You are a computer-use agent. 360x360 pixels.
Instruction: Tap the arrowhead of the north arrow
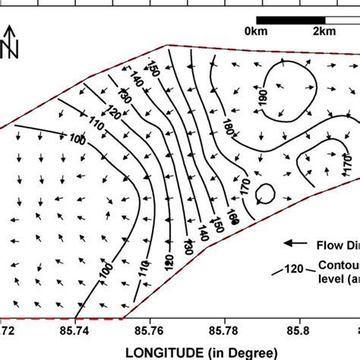tap(10, 30)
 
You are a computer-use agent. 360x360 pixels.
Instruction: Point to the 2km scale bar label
tap(324, 31)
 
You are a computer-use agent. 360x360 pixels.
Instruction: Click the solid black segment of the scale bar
tap(273, 19)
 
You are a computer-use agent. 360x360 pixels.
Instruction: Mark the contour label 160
tap(232, 219)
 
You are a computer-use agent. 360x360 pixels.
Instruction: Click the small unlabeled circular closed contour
tap(266, 195)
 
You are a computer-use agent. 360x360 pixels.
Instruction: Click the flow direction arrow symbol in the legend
tap(295, 243)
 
